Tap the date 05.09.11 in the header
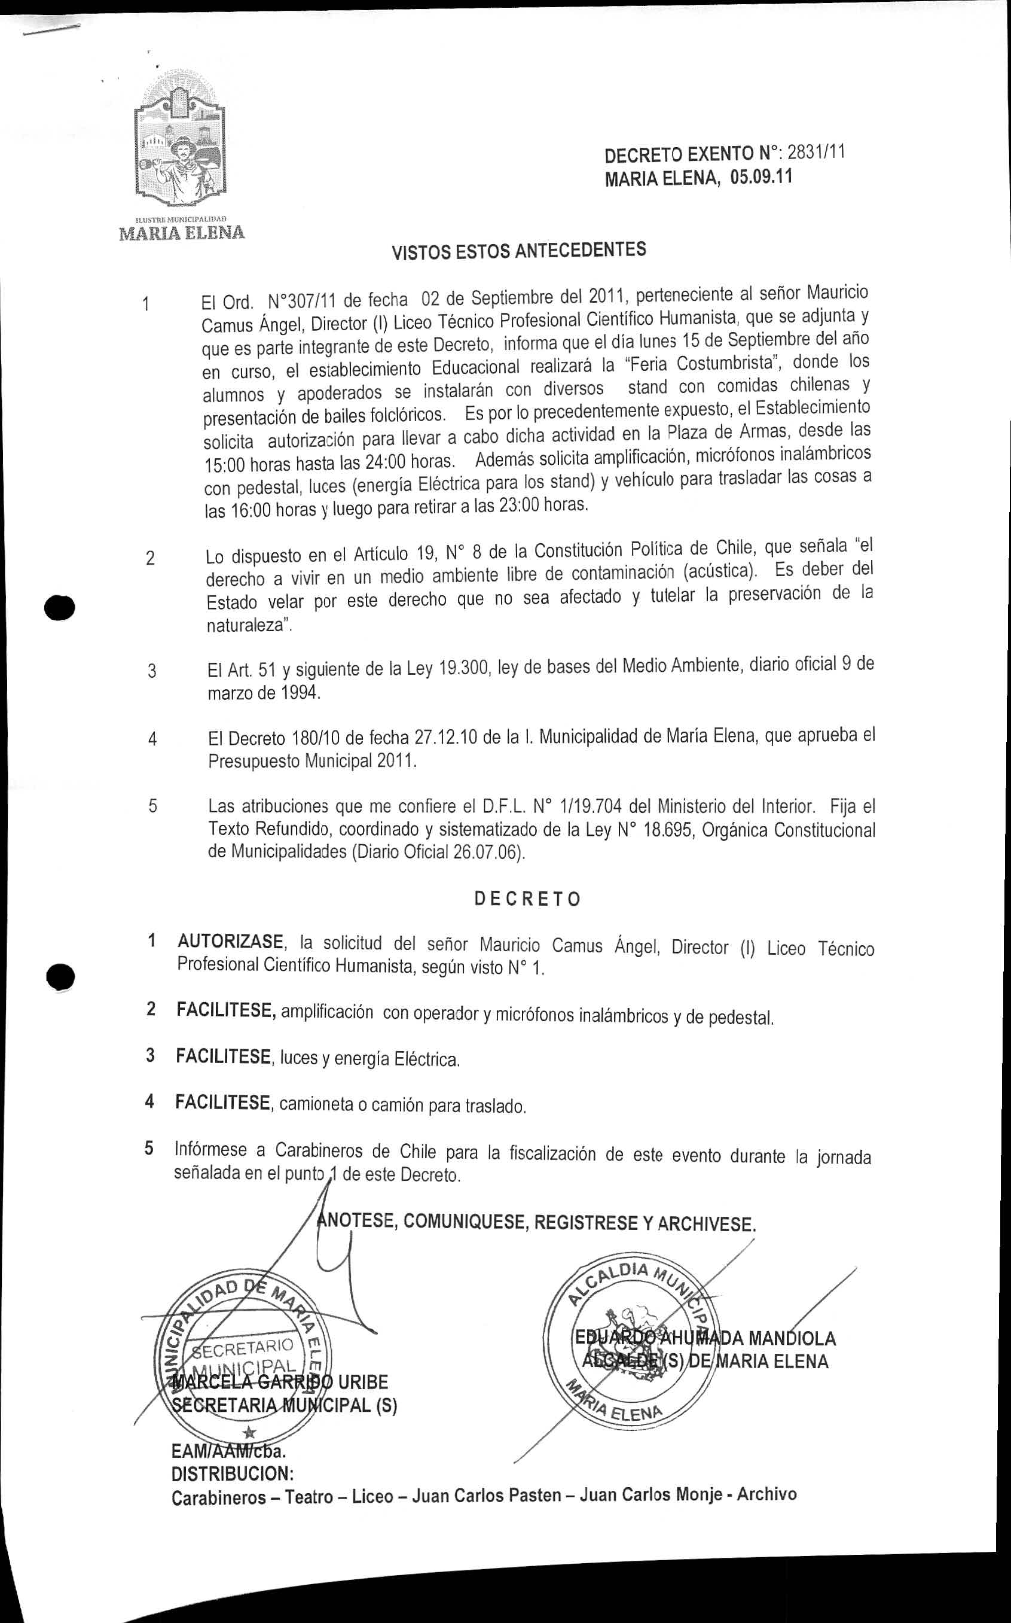tap(761, 178)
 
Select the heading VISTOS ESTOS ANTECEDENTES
tap(518, 251)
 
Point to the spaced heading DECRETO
tap(527, 899)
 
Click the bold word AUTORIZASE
tap(231, 942)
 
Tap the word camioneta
tap(316, 1104)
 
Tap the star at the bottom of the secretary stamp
tap(249, 1432)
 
